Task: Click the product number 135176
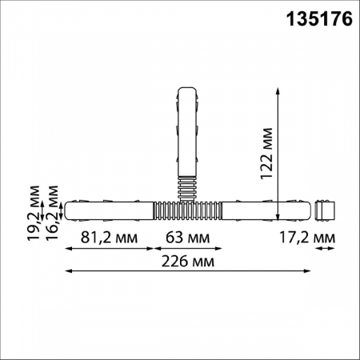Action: point(319,19)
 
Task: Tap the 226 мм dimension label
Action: point(188,262)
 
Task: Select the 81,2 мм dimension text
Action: point(109,238)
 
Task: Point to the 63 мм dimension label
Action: point(188,238)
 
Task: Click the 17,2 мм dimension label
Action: point(307,238)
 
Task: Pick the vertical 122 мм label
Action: point(267,154)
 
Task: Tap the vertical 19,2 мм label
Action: point(34,214)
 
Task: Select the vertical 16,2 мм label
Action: point(52,214)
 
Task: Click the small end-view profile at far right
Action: point(325,210)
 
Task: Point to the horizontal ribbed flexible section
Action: point(188,210)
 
